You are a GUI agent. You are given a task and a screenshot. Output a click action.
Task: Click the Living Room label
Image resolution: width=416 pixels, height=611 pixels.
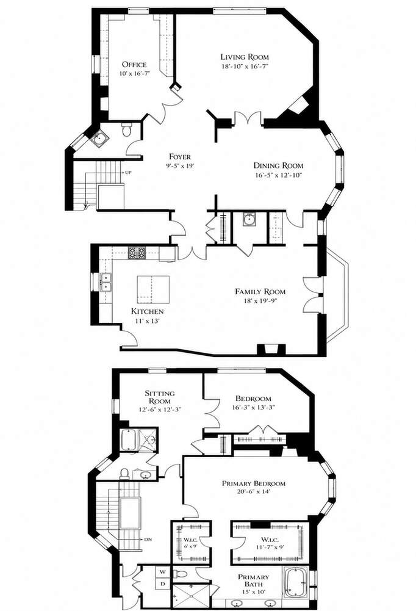coord(245,57)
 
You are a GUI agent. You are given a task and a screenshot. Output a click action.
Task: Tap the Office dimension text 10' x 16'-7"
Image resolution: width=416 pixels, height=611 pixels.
coord(134,73)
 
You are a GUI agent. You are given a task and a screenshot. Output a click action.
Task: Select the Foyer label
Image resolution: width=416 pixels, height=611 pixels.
coord(180,157)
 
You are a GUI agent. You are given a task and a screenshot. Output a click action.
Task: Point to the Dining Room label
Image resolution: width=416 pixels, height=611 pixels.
coord(279,165)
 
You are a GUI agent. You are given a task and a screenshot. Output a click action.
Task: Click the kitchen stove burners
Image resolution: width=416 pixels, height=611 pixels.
coord(137,253)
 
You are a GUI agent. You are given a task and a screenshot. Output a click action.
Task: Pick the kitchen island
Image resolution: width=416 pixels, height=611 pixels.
coord(153,289)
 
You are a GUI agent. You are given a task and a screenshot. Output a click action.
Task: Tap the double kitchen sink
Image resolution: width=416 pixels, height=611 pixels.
coord(106,282)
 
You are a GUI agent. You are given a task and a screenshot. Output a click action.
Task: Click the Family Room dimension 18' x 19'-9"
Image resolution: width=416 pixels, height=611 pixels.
coord(260,300)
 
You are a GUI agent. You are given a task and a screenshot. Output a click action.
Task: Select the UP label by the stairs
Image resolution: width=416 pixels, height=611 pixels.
coord(128,172)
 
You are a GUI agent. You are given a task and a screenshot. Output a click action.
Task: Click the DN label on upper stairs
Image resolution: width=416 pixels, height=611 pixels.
coord(148,540)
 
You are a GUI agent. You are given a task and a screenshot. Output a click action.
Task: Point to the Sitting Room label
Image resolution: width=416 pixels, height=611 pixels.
coord(160,397)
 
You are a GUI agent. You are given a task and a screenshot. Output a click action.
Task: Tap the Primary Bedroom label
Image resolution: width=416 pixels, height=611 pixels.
coord(254,483)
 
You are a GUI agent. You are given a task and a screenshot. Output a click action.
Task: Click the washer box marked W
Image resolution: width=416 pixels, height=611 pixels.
coord(163,572)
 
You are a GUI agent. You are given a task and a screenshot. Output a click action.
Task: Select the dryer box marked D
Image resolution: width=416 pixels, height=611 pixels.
coord(163,583)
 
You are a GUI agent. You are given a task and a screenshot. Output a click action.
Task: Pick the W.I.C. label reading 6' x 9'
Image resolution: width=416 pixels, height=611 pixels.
coord(191,543)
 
